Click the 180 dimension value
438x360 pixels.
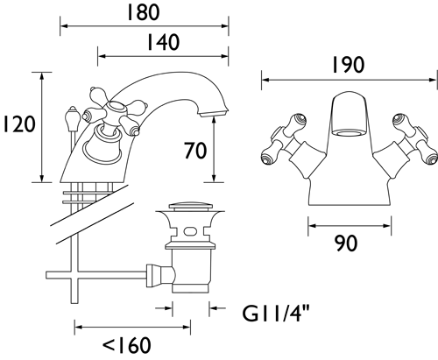click(x=143, y=12)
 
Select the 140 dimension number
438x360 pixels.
click(x=163, y=42)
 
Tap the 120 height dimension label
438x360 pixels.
click(x=19, y=124)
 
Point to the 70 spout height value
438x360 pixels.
click(x=195, y=151)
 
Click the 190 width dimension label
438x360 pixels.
click(x=349, y=65)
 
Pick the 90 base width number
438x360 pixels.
click(x=346, y=243)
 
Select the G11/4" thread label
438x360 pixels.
click(x=276, y=313)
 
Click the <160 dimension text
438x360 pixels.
click(x=127, y=345)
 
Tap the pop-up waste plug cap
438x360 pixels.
click(x=190, y=206)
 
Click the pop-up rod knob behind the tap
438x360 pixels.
click(x=72, y=116)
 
